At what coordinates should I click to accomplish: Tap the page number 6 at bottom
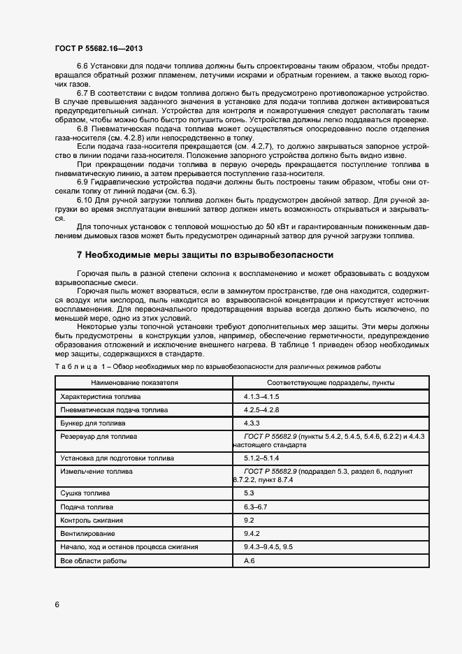point(57,604)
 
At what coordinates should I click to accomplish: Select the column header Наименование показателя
point(134,383)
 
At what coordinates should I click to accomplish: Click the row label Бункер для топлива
point(93,423)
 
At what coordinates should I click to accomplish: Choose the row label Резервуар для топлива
point(99,436)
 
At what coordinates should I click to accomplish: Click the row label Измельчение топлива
point(96,472)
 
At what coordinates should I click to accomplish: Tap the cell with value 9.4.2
point(252,533)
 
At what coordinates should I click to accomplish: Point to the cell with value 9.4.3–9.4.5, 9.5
point(267,546)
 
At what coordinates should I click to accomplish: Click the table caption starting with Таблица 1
point(217,368)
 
